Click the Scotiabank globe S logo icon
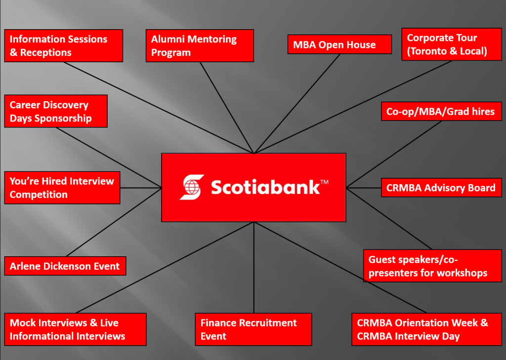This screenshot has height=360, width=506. point(192,187)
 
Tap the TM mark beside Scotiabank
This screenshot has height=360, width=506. point(324,182)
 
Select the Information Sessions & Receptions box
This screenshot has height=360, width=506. point(64,46)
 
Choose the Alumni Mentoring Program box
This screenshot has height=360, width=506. point(200,46)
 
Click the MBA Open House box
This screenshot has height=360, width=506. point(339,44)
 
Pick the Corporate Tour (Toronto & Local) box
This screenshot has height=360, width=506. point(452,44)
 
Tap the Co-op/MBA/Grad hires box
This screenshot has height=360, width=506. point(441,111)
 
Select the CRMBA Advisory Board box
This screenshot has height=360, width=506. point(441,188)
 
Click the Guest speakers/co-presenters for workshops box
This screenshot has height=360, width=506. point(432,266)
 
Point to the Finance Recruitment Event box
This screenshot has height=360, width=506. point(253,329)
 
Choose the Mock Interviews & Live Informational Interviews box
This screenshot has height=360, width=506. point(76,329)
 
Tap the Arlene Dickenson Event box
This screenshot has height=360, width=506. point(65,266)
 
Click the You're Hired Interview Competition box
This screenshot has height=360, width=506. point(62,188)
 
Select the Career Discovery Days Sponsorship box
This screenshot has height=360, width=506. point(56,111)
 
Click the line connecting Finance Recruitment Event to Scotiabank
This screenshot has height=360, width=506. point(254,268)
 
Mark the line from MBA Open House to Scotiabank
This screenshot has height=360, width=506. point(297,104)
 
